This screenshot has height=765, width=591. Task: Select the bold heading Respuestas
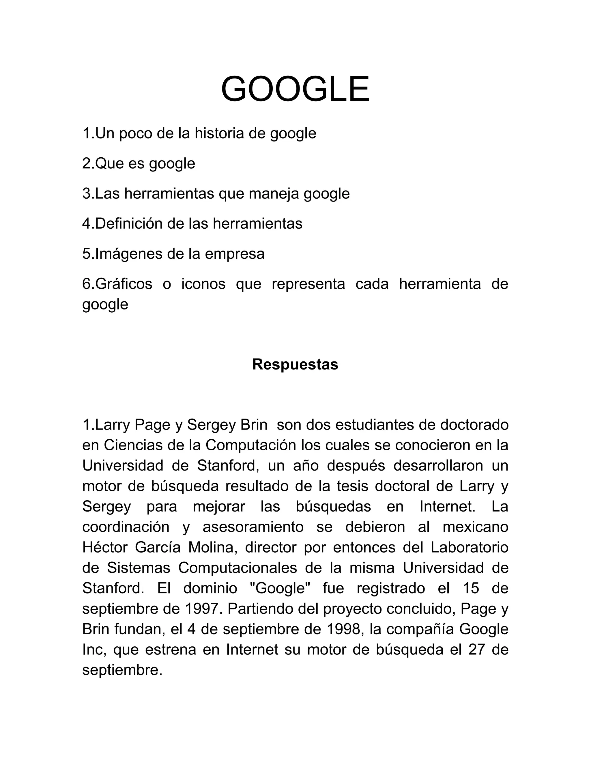tap(295, 364)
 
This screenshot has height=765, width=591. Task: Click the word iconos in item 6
tap(203, 284)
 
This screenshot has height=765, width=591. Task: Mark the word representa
tap(308, 284)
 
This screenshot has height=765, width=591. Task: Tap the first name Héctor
tap(105, 547)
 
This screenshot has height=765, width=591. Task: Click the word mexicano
tap(476, 527)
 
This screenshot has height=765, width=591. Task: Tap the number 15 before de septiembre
tap(471, 588)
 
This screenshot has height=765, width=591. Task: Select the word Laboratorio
tap(469, 547)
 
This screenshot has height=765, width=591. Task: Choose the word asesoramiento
tap(253, 527)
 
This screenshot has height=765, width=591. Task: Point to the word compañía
tap(419, 629)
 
